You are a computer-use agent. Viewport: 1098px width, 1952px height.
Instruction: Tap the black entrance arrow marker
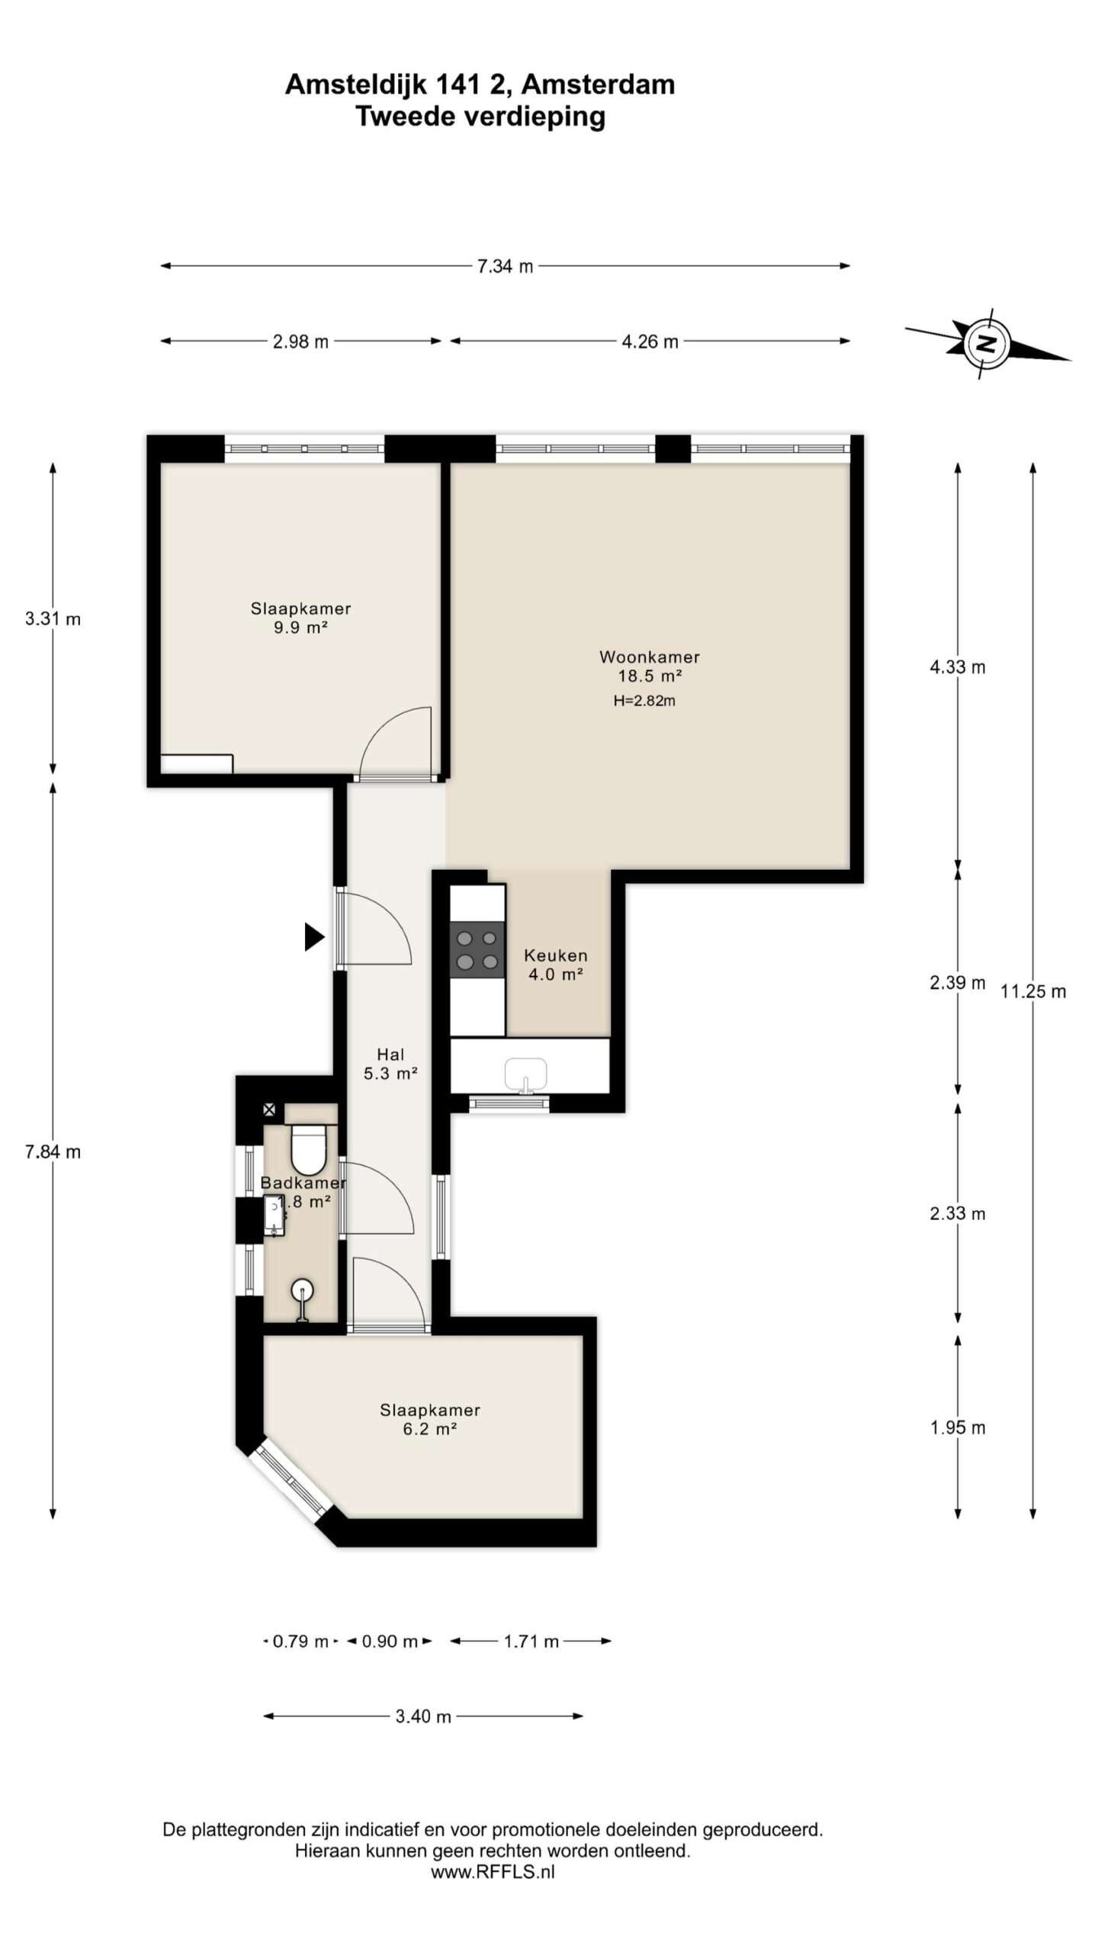click(314, 936)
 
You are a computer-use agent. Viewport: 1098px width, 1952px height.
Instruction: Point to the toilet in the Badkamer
click(308, 1148)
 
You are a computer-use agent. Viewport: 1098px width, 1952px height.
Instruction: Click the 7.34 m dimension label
click(505, 266)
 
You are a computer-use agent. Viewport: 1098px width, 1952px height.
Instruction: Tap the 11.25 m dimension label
click(1033, 991)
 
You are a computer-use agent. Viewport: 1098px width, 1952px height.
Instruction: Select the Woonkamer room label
click(649, 657)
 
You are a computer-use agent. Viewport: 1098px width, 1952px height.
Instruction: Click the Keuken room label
click(555, 955)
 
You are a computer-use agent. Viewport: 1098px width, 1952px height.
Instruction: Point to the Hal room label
click(390, 1055)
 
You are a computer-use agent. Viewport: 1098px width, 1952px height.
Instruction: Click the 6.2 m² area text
click(429, 1429)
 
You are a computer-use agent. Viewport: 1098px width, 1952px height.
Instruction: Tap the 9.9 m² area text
click(300, 628)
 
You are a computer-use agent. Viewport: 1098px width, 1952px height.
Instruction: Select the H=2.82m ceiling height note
click(644, 701)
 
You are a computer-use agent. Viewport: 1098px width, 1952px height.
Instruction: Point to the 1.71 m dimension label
click(531, 1641)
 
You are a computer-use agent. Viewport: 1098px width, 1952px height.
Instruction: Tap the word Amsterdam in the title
click(599, 85)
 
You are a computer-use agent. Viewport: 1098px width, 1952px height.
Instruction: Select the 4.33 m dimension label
click(958, 667)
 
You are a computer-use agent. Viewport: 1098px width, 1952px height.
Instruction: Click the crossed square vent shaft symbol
click(269, 1110)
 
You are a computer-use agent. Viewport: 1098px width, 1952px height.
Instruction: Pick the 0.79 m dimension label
click(300, 1641)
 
